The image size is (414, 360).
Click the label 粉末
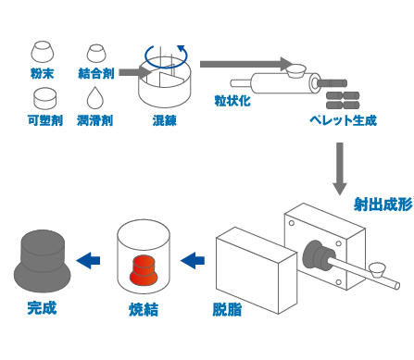tap(42, 71)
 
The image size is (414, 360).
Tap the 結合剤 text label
tap(95, 71)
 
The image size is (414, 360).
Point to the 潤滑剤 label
tap(95, 120)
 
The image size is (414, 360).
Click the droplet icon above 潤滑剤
tap(95, 97)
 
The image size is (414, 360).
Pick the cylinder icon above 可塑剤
tap(43, 97)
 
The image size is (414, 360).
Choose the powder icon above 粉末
tap(43, 48)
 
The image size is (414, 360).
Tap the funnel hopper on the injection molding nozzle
tap(376, 269)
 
